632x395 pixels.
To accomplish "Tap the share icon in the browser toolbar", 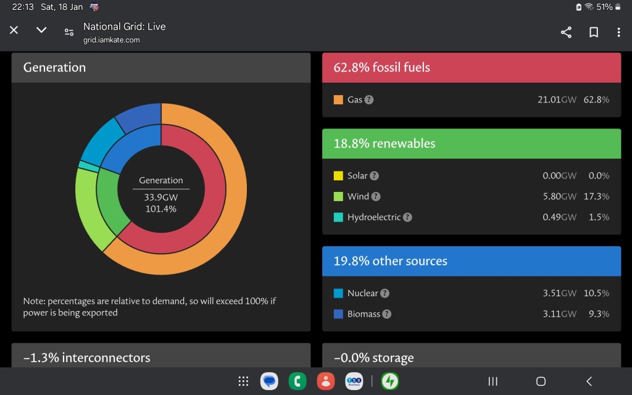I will pos(566,32).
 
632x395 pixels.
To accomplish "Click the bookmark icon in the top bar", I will pos(594,32).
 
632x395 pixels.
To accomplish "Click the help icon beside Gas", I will pos(369,99).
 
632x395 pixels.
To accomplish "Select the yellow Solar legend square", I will pos(338,176).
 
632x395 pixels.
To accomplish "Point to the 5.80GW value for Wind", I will pos(559,196).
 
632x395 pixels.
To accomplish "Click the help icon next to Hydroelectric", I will pos(407,217).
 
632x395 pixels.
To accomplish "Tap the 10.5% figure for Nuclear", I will pos(596,293).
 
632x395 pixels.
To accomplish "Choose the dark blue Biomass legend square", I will pos(338,314).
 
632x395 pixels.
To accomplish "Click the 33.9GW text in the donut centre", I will pos(160,197).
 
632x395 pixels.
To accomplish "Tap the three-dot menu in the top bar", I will pos(618,32).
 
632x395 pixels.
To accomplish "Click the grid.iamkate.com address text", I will pos(112,40).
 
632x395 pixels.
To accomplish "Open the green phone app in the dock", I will pos(297,381).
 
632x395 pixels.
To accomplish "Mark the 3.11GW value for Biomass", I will pos(559,314).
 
